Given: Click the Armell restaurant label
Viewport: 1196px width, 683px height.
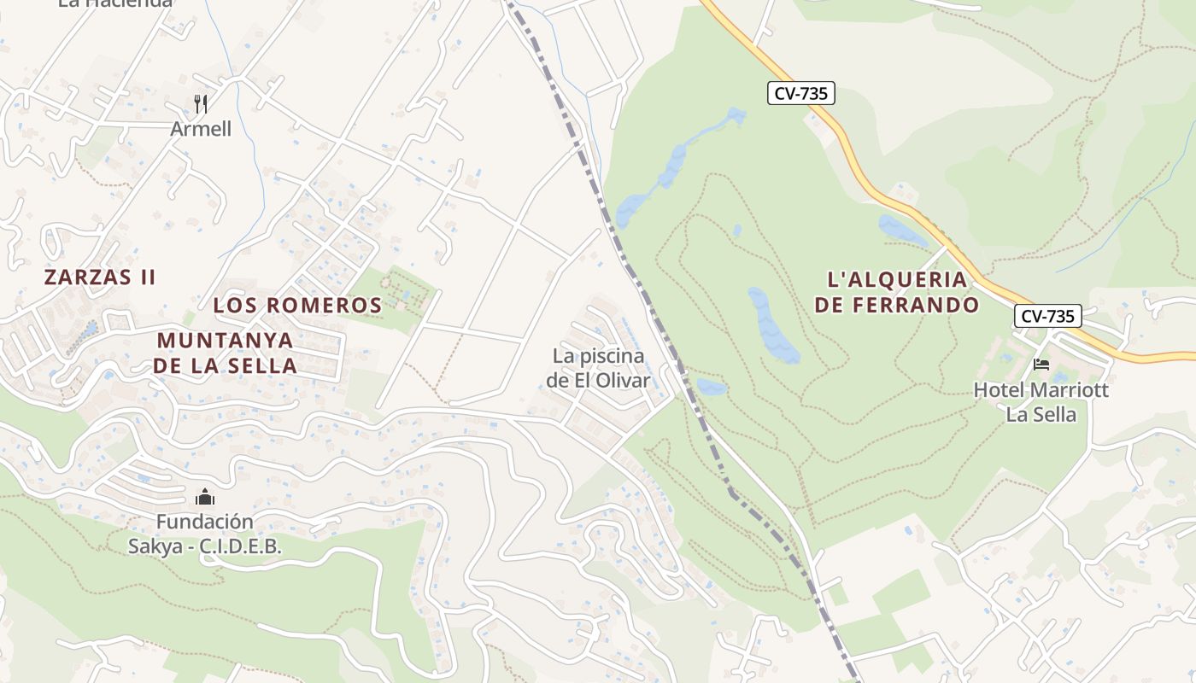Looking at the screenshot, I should (x=201, y=129).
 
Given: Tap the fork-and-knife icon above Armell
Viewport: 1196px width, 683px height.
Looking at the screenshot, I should (x=201, y=104).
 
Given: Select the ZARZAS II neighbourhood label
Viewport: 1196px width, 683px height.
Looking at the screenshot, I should (x=100, y=277).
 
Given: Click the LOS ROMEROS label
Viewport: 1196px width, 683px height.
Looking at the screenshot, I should (x=297, y=305).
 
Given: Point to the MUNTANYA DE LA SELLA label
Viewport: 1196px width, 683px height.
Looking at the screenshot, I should (x=226, y=353).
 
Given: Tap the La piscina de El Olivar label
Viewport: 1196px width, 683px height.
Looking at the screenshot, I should (x=598, y=368).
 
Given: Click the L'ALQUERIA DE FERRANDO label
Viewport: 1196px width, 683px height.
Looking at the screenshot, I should (x=896, y=292).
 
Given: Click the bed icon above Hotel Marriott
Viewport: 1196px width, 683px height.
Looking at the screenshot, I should (x=1041, y=365).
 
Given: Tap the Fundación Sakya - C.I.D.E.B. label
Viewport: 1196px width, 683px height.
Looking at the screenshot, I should (x=204, y=534).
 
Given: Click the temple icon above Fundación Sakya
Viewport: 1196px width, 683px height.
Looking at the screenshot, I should (x=205, y=496).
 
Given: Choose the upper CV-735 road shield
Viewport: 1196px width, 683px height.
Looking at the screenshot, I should (x=800, y=93).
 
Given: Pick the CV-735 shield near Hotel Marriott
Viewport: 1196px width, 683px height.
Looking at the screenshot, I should (x=1048, y=316).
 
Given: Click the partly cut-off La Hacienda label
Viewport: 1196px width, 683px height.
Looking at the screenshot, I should (x=115, y=3).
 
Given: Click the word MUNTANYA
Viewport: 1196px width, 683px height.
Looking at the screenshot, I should (x=226, y=340).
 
